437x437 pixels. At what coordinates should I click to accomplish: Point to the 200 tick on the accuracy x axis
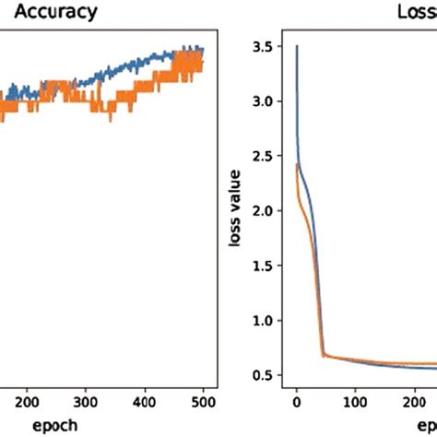click(x=28, y=401)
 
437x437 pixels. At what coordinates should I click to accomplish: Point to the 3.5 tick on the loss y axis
click(x=264, y=45)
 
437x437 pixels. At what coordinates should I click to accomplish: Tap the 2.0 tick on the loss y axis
click(x=264, y=211)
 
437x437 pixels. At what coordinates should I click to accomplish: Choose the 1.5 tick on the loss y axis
click(x=264, y=266)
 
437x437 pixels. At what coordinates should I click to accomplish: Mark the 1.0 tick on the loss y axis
click(x=264, y=321)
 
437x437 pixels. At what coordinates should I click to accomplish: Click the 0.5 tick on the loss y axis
click(x=264, y=375)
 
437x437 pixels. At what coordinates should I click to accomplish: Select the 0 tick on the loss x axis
click(x=296, y=401)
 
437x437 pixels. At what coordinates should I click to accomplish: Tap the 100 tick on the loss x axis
click(x=355, y=401)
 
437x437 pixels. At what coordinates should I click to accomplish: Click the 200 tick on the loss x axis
click(x=413, y=401)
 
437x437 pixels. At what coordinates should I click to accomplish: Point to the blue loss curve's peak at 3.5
click(x=297, y=45)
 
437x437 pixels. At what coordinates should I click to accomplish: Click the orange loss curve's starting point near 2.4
click(x=296, y=165)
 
